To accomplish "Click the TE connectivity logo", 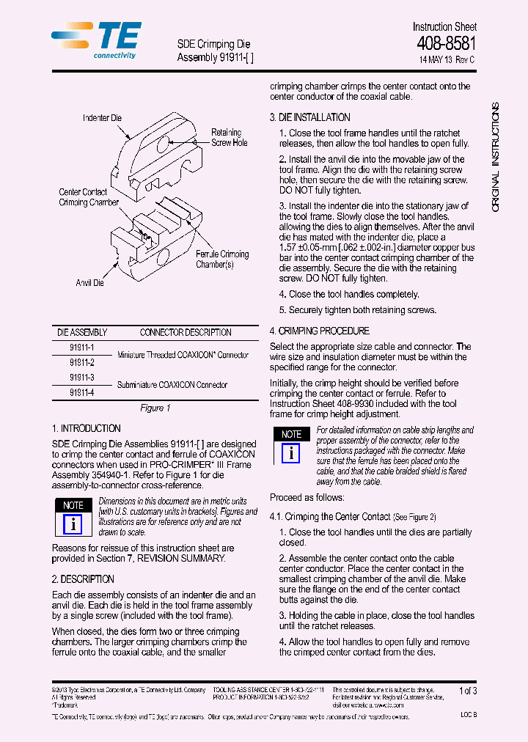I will tap(97, 40).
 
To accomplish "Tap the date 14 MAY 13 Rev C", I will tap(447, 59).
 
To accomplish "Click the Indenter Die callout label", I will tap(102, 118).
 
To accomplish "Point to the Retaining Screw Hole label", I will tap(230, 138).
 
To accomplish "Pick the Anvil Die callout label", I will tap(89, 283).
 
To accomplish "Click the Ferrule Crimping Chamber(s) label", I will tap(221, 259).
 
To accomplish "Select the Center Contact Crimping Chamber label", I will tap(88, 197).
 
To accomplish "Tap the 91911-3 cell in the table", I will tap(82, 378).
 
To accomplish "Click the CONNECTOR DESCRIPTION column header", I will tap(186, 332).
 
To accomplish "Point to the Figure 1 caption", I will tap(155, 408).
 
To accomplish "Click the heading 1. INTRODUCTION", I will tap(87, 428).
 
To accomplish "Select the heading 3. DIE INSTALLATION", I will tap(309, 117).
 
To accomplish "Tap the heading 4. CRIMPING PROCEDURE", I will tap(319, 331).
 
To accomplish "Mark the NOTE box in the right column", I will tap(291, 434).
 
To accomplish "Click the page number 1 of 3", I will tap(467, 691).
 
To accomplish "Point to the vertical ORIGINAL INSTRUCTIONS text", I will tap(495, 158).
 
